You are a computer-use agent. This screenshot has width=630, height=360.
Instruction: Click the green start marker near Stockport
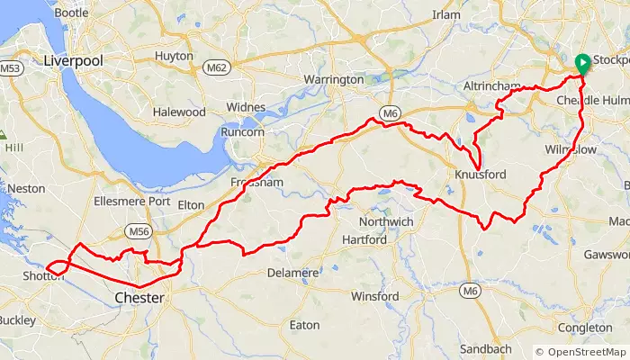[x=581, y=63]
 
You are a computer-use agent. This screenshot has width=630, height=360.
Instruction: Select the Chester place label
[x=139, y=297]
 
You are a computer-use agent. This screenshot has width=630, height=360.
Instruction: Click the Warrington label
[x=333, y=80]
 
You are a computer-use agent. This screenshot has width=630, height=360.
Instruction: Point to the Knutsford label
[x=481, y=174]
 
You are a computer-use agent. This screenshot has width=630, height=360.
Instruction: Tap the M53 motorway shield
[x=10, y=68]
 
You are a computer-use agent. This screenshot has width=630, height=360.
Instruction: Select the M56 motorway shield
[x=138, y=231]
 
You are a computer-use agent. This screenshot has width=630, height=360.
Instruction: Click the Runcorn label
[x=242, y=132]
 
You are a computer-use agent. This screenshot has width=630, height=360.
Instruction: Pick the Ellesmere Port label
[x=131, y=201]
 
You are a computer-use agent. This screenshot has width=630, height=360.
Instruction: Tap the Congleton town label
[x=586, y=328]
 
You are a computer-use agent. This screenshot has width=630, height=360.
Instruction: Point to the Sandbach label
[x=485, y=348]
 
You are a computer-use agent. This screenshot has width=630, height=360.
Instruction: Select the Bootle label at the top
[x=71, y=13]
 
